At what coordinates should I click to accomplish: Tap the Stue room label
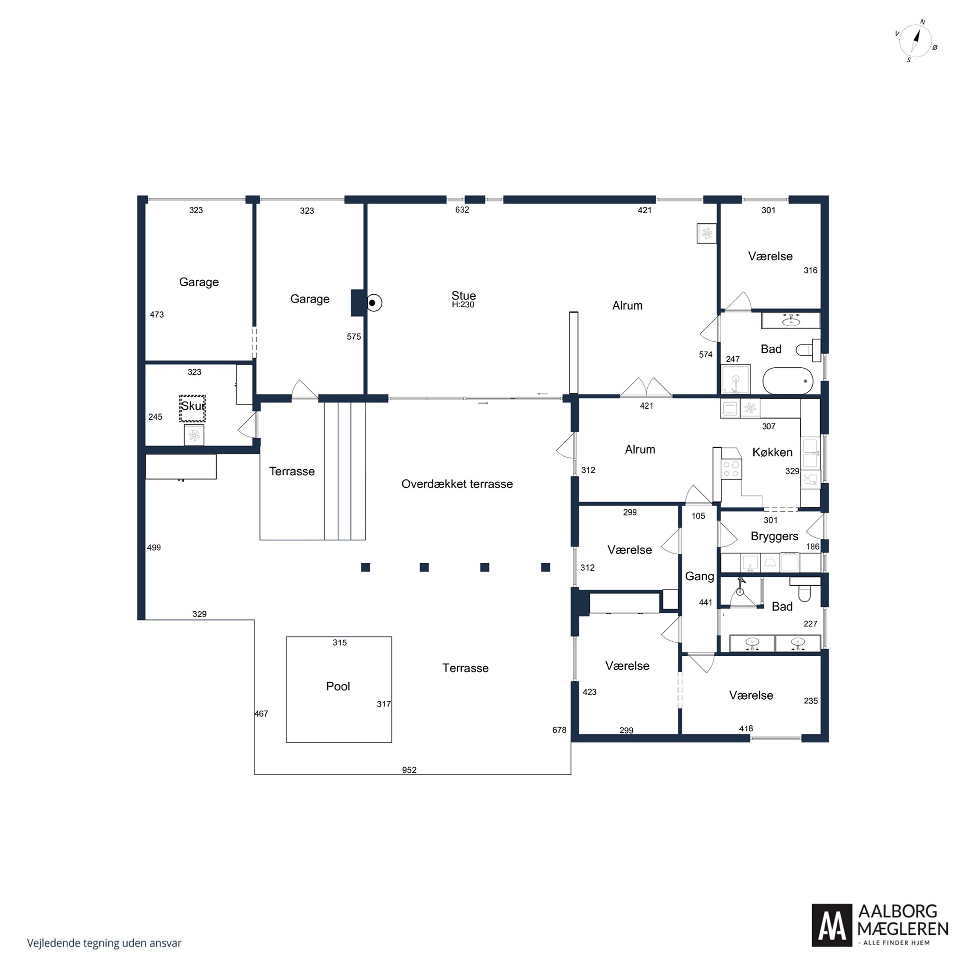(464, 295)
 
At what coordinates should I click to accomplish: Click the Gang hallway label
(699, 576)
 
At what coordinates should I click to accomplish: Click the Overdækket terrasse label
(457, 484)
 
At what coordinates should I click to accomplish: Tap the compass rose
(915, 41)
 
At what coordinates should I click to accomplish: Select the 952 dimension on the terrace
(409, 770)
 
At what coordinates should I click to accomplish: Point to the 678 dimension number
(559, 730)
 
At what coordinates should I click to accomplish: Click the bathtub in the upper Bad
(788, 381)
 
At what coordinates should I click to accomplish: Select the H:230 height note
(463, 304)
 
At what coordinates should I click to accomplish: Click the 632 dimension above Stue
(462, 210)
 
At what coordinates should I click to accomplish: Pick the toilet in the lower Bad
(804, 589)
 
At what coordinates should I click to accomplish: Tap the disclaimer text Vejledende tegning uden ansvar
(104, 943)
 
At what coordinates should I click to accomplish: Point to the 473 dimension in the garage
(156, 314)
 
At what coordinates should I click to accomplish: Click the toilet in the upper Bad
(808, 350)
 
